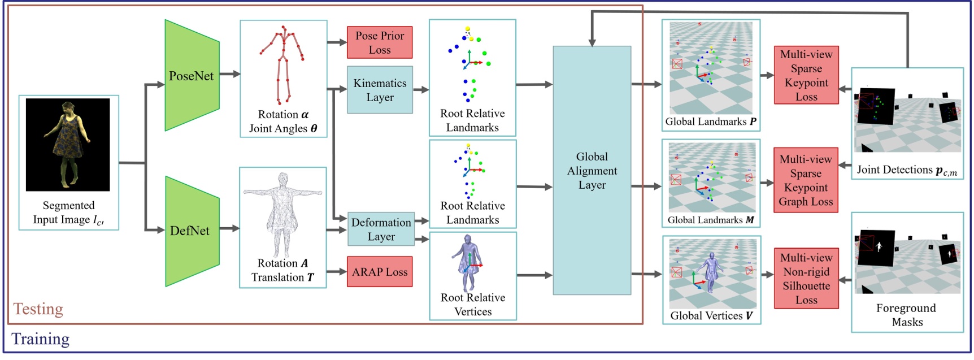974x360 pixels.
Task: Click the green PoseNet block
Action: point(192,76)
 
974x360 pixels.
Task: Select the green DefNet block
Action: point(190,231)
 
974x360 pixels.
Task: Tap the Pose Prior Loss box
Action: point(380,42)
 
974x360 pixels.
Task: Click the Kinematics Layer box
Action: point(380,90)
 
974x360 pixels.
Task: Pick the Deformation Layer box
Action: point(381,229)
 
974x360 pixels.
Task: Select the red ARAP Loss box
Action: point(380,272)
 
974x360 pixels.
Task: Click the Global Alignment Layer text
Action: point(592,171)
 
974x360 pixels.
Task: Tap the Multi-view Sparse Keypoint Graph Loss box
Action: point(806,180)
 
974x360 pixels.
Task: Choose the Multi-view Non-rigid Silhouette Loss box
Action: point(806,279)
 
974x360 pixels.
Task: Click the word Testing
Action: point(38,309)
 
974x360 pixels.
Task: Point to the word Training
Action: point(41,339)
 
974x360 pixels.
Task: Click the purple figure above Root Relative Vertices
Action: point(469,262)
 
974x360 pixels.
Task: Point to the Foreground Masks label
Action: point(906,315)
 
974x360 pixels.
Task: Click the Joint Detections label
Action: point(906,170)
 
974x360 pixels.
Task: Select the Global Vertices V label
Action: point(711,315)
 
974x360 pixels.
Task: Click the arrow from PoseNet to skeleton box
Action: point(229,74)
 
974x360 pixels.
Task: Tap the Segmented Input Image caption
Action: point(68,212)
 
